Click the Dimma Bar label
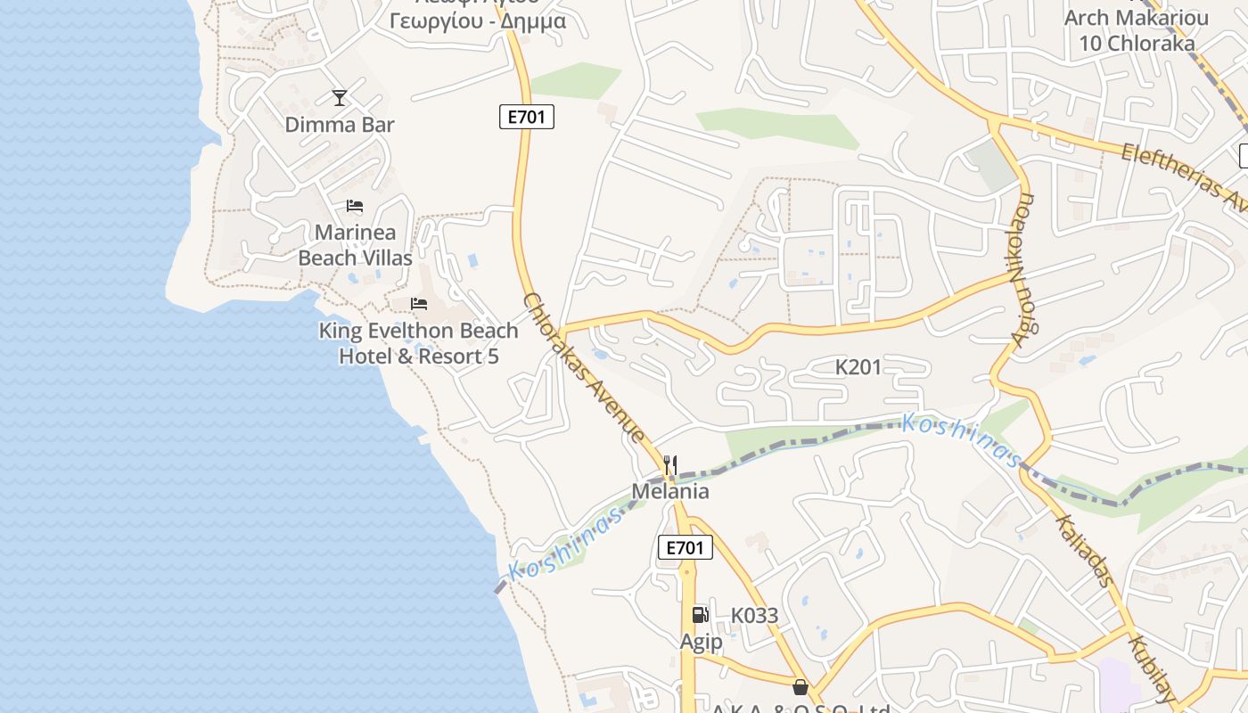pos(339,125)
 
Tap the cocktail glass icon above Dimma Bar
pos(339,97)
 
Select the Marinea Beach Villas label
pos(355,245)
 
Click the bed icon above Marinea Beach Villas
pos(355,206)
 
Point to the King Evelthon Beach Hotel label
pos(419,343)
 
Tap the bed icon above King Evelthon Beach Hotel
pos(419,304)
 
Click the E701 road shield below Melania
pos(686,547)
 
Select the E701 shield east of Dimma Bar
pos(527,117)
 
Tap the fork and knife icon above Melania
pos(670,464)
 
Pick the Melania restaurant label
pos(670,491)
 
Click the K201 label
pos(858,366)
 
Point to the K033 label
pos(754,615)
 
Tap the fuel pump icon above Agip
pos(700,614)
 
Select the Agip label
pos(702,642)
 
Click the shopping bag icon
pos(800,687)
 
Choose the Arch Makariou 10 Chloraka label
pos(1137,29)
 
